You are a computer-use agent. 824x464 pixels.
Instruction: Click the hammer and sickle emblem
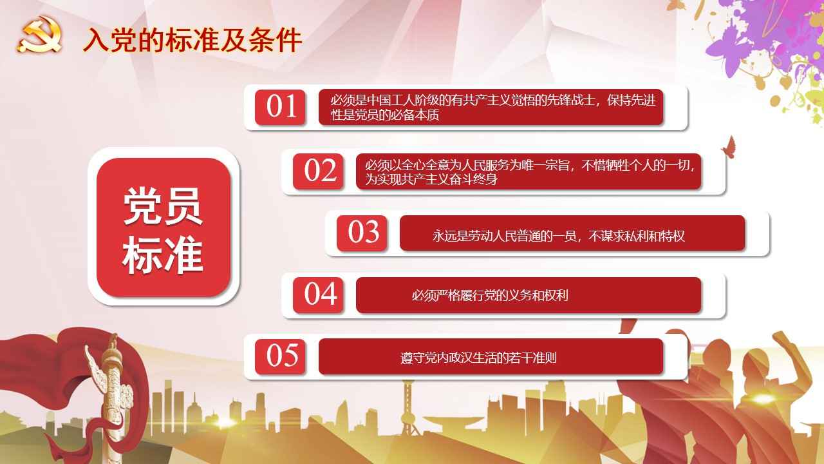40,34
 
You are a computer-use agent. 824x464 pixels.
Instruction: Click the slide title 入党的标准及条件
192,40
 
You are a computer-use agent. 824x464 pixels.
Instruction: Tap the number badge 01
280,107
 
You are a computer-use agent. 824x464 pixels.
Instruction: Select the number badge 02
319,171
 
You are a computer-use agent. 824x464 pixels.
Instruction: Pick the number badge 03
362,233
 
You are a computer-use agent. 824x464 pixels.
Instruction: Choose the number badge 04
319,295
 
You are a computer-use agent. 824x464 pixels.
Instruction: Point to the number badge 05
280,356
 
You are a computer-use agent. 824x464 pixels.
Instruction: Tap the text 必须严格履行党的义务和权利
490,295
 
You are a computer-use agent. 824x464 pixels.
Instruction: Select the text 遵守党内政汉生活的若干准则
478,358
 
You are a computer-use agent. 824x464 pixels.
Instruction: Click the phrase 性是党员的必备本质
385,115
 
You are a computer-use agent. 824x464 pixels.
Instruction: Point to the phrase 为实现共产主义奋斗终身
431,179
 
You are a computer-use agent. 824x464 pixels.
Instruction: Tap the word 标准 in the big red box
163,255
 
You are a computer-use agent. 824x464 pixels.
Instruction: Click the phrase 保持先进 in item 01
632,100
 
